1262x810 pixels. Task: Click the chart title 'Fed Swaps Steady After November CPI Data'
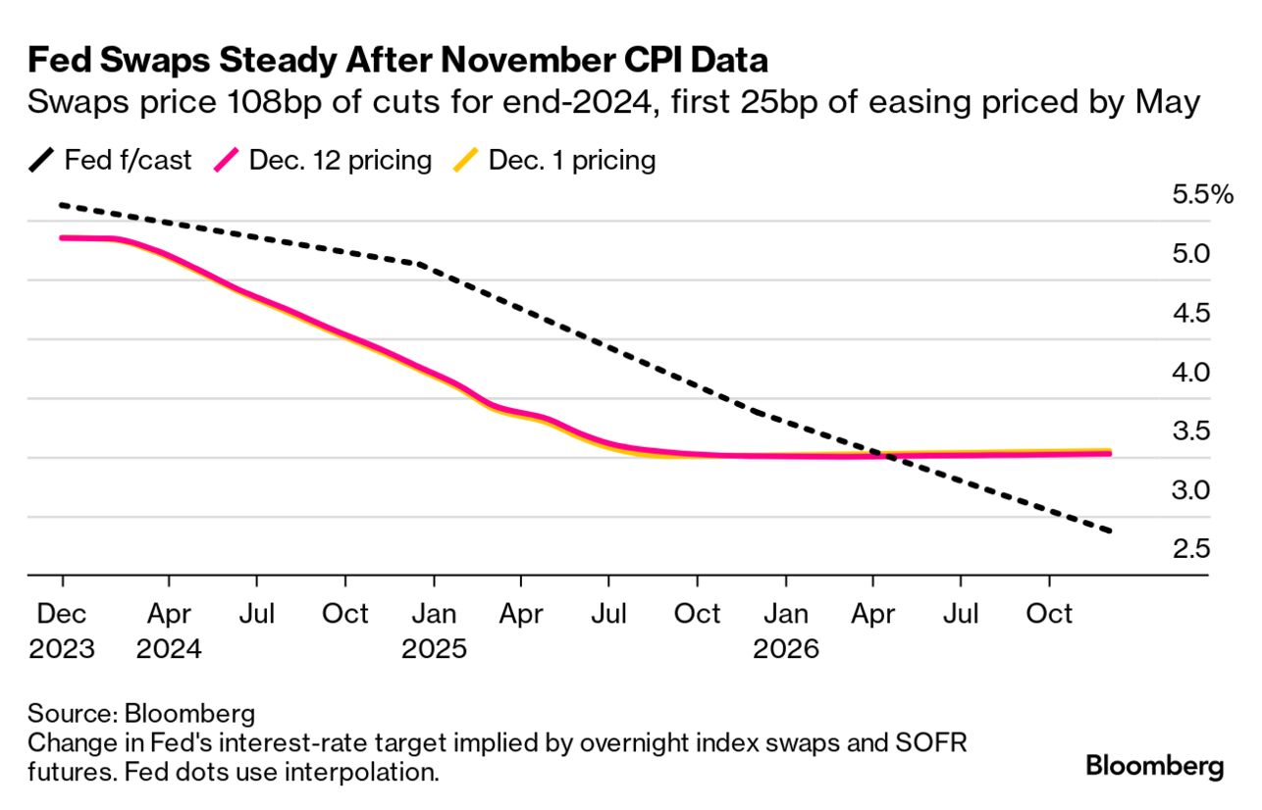click(397, 61)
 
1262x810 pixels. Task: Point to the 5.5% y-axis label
click(1202, 194)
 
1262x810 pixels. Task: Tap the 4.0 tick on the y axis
click(1189, 372)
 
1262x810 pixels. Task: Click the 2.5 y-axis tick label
click(1189, 548)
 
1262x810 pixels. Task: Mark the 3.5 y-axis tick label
click(1189, 430)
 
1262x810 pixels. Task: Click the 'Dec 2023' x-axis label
click(62, 632)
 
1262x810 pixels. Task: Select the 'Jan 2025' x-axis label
click(434, 632)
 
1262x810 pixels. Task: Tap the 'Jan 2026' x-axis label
click(785, 632)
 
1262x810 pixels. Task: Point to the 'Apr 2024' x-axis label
click(170, 632)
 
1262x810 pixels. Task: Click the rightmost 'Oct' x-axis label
click(1049, 615)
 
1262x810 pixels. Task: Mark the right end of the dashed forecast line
click(1111, 532)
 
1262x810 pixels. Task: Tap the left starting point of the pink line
click(62, 237)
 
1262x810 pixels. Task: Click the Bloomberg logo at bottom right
click(1154, 766)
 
